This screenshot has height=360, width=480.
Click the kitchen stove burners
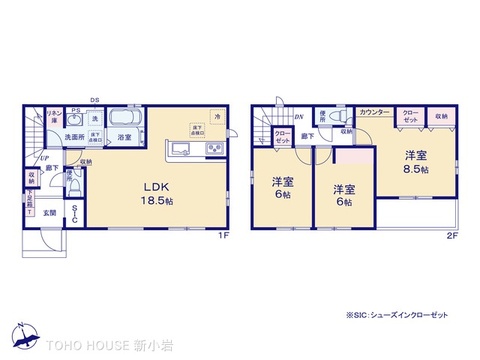pos(214,150)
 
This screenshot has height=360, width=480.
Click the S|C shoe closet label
pos(74,215)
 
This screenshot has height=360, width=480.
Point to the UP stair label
pos(44,157)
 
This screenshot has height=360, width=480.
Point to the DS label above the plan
pos(93,100)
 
